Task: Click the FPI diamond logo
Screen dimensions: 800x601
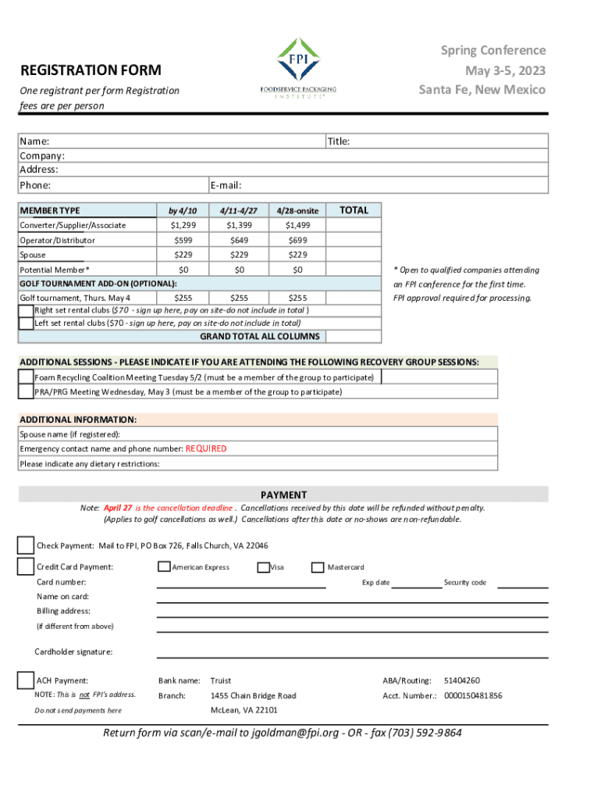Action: coord(298,60)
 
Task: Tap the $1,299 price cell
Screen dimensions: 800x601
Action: coord(183,226)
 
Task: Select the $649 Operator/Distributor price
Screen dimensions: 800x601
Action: coord(240,241)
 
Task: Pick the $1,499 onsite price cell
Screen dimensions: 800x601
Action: coord(297,226)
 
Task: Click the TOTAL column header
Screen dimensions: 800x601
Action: coord(354,210)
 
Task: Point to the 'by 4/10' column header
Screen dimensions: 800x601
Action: coord(183,211)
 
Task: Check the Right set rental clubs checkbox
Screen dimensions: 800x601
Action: coord(27,310)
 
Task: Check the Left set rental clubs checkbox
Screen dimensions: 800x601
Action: coord(27,323)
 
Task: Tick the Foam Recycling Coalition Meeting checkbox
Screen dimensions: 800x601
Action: coord(27,377)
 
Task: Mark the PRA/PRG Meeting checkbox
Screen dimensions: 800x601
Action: coord(27,391)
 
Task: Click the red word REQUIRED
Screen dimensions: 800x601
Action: coord(206,449)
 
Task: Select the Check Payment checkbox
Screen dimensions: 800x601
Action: coord(26,545)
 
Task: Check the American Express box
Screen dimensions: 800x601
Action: coord(164,567)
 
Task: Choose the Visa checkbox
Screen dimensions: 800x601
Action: coord(263,567)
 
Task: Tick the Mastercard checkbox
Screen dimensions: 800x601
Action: coord(318,567)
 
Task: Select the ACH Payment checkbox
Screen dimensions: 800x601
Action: coord(26,680)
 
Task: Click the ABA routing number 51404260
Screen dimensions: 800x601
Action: coord(462,680)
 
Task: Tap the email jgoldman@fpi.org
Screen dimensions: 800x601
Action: coord(295,733)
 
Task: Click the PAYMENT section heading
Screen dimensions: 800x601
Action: coord(283,495)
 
